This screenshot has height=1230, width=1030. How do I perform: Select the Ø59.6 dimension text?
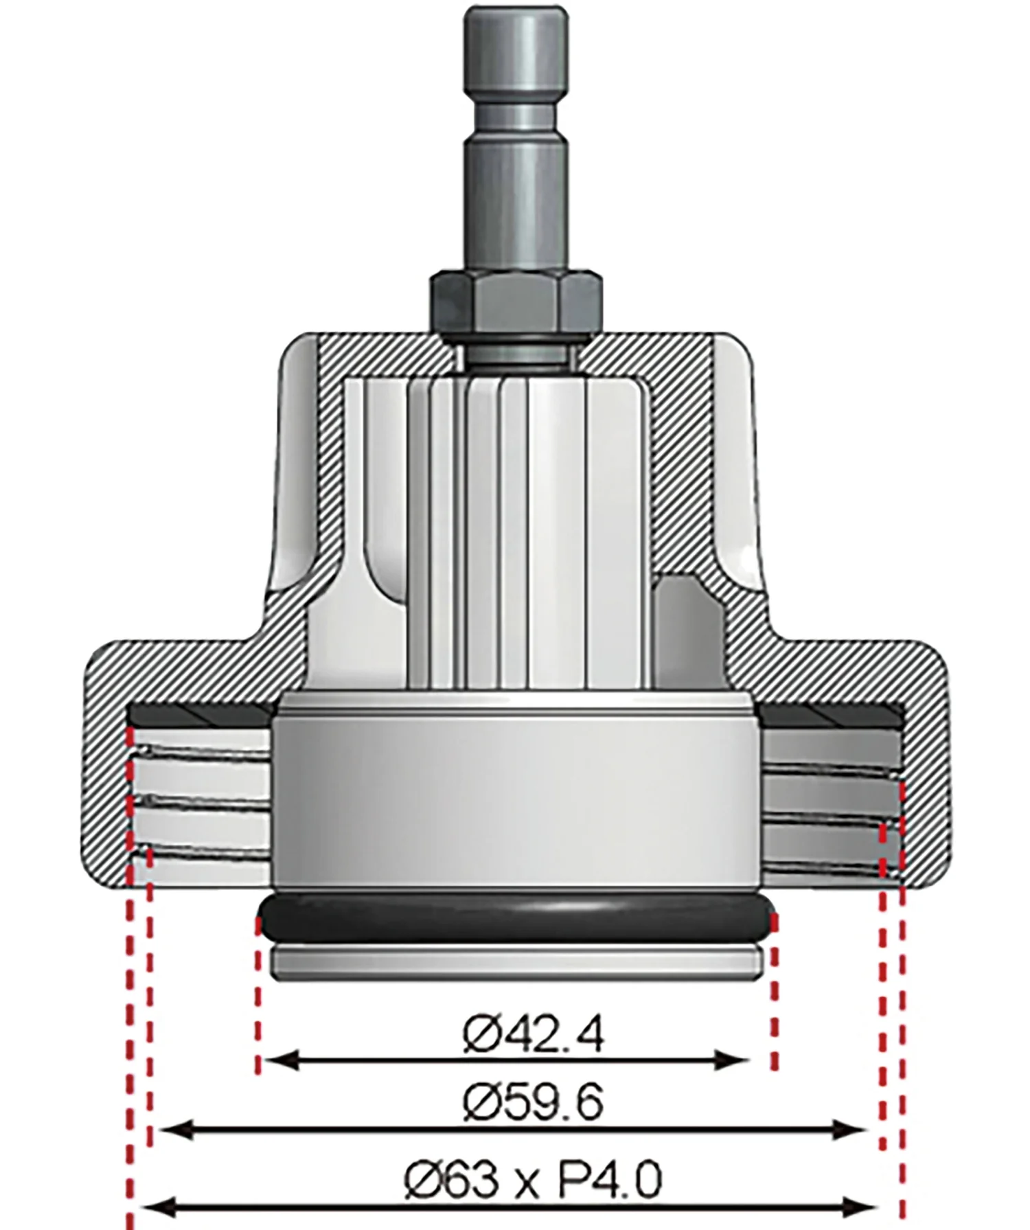534,1104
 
